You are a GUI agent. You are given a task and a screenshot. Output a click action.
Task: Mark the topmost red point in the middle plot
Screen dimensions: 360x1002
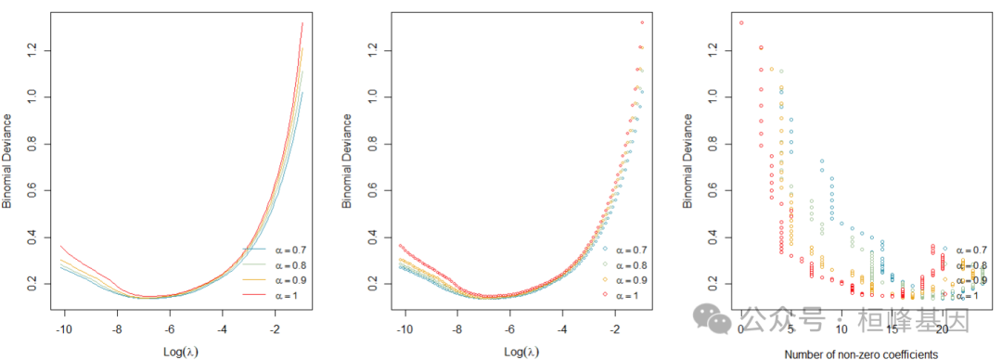[x=641, y=22]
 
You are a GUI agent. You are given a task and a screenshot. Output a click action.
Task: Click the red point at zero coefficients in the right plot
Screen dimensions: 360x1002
[x=741, y=22]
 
